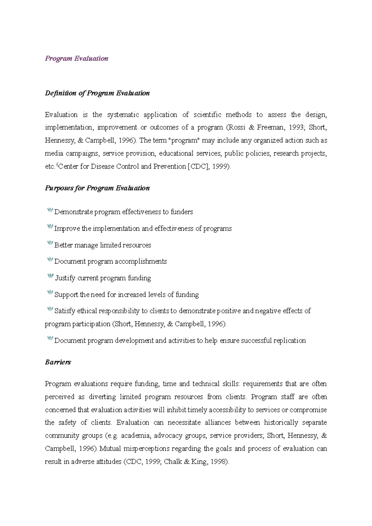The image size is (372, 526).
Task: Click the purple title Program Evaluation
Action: pyautogui.click(x=77, y=58)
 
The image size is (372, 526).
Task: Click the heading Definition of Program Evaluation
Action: pyautogui.click(x=97, y=93)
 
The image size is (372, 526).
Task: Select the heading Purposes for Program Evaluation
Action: pyautogui.click(x=97, y=188)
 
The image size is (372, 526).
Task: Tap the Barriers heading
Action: pyautogui.click(x=58, y=362)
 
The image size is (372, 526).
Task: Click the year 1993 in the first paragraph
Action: pyautogui.click(x=296, y=127)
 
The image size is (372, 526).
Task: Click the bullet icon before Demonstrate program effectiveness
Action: pyautogui.click(x=50, y=211)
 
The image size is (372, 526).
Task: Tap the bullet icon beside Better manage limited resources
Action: pyautogui.click(x=50, y=243)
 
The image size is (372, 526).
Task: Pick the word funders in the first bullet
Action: pyautogui.click(x=182, y=212)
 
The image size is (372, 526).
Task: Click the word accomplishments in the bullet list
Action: pyautogui.click(x=141, y=261)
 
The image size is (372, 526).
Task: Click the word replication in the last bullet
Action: pyautogui.click(x=290, y=341)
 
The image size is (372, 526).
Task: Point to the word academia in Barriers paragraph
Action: pyautogui.click(x=135, y=436)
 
